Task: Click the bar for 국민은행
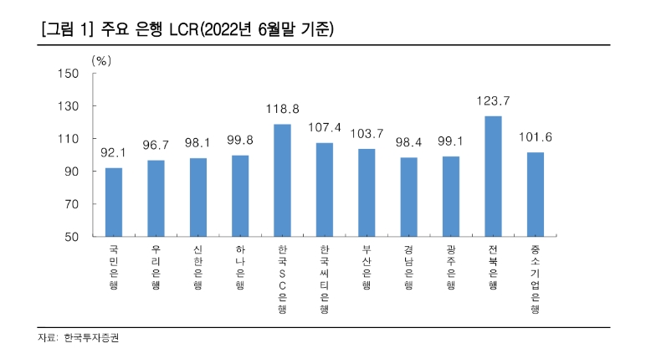[x=114, y=203]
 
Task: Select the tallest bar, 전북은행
[x=493, y=177]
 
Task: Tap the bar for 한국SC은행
[x=282, y=181]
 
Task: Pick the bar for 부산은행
[x=367, y=193]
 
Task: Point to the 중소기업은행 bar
[x=536, y=195]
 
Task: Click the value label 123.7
[x=493, y=100]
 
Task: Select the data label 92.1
[x=114, y=153]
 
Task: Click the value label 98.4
[x=408, y=142]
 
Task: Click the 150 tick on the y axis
[x=69, y=74]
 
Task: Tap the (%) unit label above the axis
[x=100, y=60]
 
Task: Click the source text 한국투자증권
[x=93, y=339]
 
